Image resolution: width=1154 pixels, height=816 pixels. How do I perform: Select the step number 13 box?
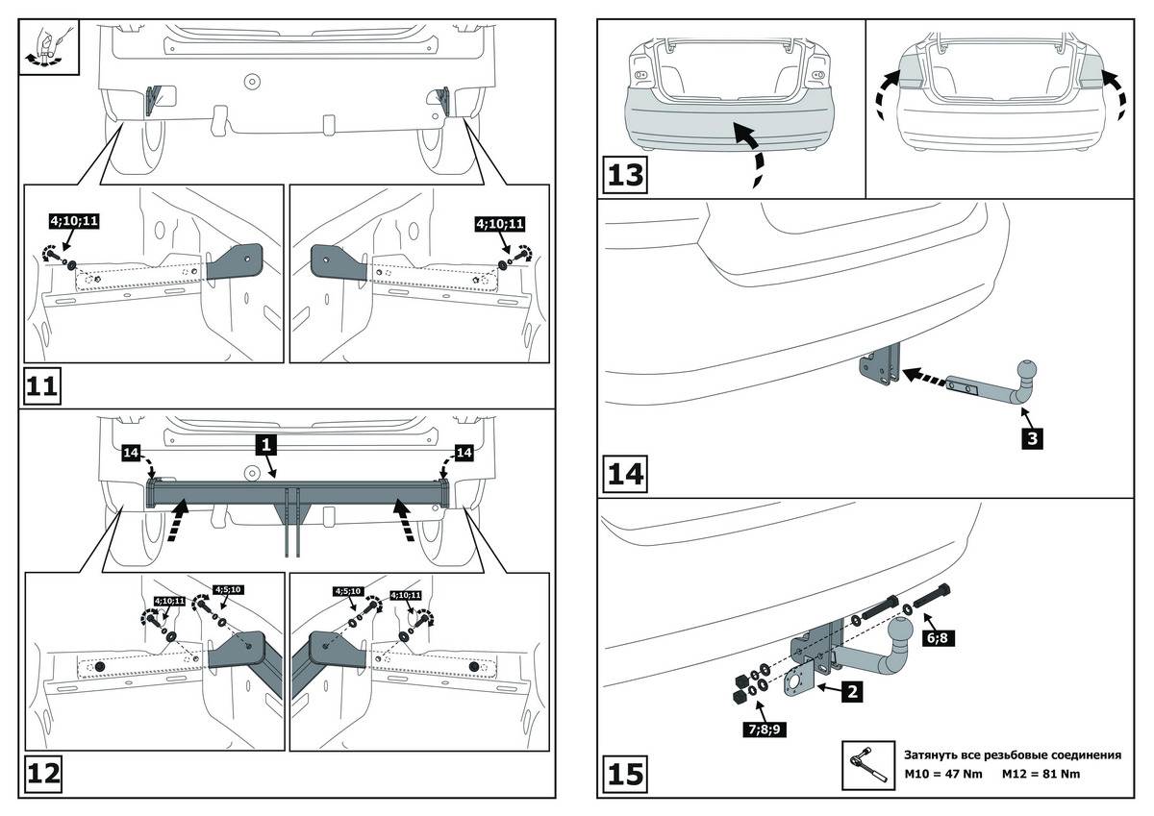(x=625, y=176)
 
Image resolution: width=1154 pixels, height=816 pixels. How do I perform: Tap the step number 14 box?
(x=625, y=475)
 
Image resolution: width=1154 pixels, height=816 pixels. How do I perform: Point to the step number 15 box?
(x=625, y=775)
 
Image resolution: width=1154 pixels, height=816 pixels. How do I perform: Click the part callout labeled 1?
(x=266, y=444)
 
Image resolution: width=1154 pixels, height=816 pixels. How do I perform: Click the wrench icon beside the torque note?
(x=865, y=765)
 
